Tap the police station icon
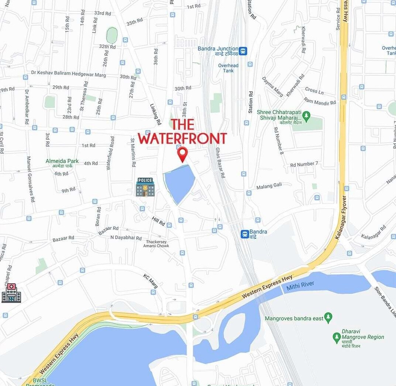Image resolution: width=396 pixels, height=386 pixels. click(145, 187)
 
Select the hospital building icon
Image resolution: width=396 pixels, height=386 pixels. click(11, 293)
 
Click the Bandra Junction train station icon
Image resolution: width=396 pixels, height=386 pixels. click(242, 51)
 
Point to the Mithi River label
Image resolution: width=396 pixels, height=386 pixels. click(300, 284)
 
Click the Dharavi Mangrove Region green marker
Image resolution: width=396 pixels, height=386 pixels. click(336, 337)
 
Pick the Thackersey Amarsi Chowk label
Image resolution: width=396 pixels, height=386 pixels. click(156, 243)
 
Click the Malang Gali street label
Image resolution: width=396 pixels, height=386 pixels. click(269, 186)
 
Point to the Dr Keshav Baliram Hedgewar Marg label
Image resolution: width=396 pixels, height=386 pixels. click(68, 75)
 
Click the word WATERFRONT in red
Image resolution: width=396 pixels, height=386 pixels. click(182, 139)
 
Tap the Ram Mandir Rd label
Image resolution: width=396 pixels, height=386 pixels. click(320, 101)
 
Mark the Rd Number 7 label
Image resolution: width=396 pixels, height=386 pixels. click(304, 164)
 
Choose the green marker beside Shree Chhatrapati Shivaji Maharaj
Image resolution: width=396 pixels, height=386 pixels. click(306, 115)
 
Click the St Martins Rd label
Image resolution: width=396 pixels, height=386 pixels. click(133, 152)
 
